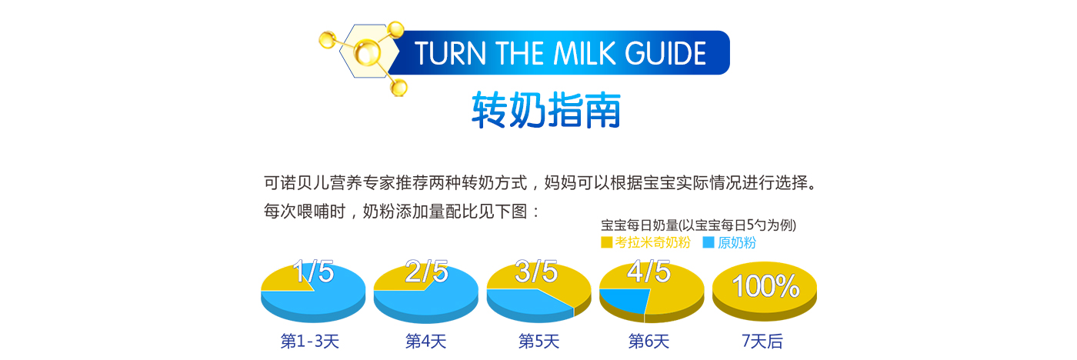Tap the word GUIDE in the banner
[665, 53]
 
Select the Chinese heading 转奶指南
[545, 110]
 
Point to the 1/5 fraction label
[313, 272]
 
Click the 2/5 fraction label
[426, 272]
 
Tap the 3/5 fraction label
[536, 272]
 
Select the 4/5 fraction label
[649, 272]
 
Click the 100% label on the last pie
[765, 286]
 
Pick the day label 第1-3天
[309, 342]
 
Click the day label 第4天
[425, 342]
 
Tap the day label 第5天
[539, 342]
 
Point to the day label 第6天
[649, 342]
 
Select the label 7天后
[762, 342]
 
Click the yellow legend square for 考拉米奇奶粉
[606, 242]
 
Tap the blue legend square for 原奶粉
[709, 242]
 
